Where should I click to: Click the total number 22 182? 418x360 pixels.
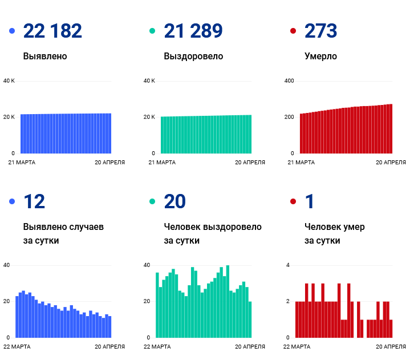coord(52,31)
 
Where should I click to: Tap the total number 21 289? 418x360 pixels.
coord(193,31)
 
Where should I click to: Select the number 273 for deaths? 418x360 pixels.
coord(320,31)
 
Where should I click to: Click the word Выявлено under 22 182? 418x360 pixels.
coord(45,56)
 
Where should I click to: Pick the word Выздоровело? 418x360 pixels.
coord(193,56)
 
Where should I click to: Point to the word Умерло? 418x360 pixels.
coord(320,56)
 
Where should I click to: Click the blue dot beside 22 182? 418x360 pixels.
coord(12,31)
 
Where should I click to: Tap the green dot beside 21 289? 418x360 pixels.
coord(152,31)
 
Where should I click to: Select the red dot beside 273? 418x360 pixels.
coord(293,31)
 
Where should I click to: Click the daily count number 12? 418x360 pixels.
coord(34,202)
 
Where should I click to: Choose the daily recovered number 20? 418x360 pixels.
coord(176,202)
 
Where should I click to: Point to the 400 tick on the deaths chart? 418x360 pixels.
coord(289,81)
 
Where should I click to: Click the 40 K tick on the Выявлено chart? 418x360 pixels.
coord(9,81)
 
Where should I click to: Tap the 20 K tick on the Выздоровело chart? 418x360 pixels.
coord(149,117)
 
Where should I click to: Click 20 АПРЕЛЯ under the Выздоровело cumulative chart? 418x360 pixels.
coord(250,163)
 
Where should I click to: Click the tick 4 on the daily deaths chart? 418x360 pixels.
coord(288,265)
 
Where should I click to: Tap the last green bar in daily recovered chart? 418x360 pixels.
coord(250,319)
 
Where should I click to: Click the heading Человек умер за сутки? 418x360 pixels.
coord(334,233)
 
